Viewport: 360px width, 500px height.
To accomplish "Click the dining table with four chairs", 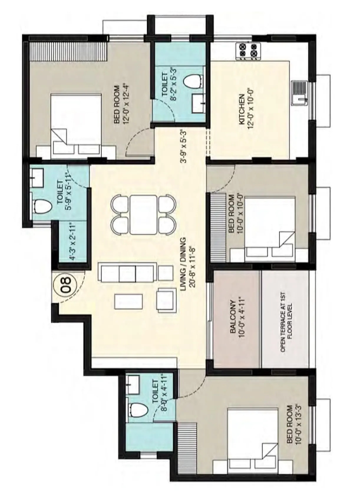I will (143, 214).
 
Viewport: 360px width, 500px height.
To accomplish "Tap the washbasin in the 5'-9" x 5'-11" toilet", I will (37, 178).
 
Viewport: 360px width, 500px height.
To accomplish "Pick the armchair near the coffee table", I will (166, 300).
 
